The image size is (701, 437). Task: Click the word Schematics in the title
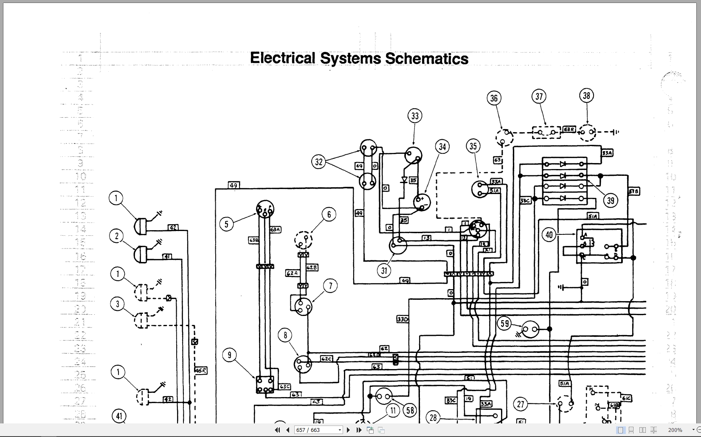click(x=427, y=59)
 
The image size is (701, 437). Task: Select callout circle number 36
click(x=494, y=99)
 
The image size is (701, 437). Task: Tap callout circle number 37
click(x=539, y=96)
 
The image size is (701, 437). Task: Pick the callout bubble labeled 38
click(x=586, y=96)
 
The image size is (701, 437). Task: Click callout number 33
click(x=415, y=116)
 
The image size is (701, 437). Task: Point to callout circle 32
click(x=319, y=162)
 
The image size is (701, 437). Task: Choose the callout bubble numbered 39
click(x=611, y=200)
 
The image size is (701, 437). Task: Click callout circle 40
click(x=549, y=235)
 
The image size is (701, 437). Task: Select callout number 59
click(x=504, y=324)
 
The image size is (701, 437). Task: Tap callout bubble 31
click(x=384, y=271)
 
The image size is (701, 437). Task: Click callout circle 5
click(x=226, y=224)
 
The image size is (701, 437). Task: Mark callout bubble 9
click(x=229, y=355)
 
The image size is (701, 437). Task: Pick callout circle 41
click(x=119, y=416)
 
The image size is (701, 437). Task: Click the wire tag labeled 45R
click(x=201, y=370)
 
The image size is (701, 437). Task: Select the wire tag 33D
click(x=402, y=319)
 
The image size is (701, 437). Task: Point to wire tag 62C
click(x=326, y=359)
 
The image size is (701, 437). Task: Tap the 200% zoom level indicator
click(x=675, y=430)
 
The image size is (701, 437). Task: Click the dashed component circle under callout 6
click(x=303, y=240)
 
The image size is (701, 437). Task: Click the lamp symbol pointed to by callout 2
click(x=141, y=254)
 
